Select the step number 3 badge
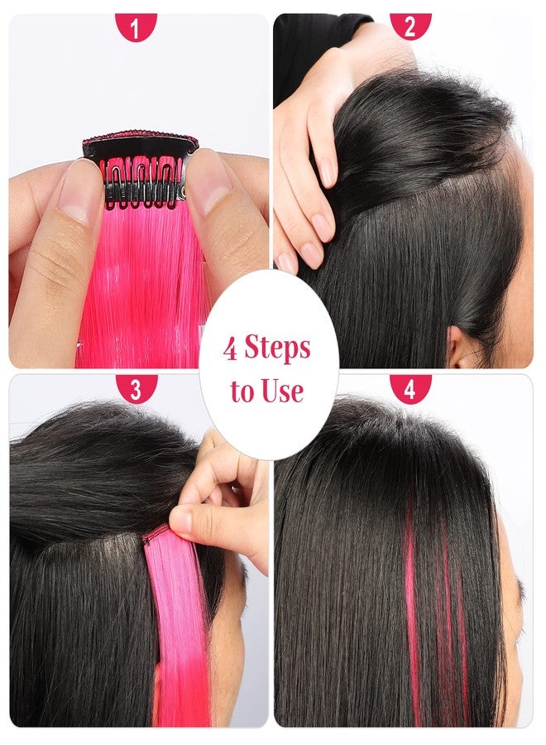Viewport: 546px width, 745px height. pyautogui.click(x=136, y=388)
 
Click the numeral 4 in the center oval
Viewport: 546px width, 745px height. pyautogui.click(x=232, y=348)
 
